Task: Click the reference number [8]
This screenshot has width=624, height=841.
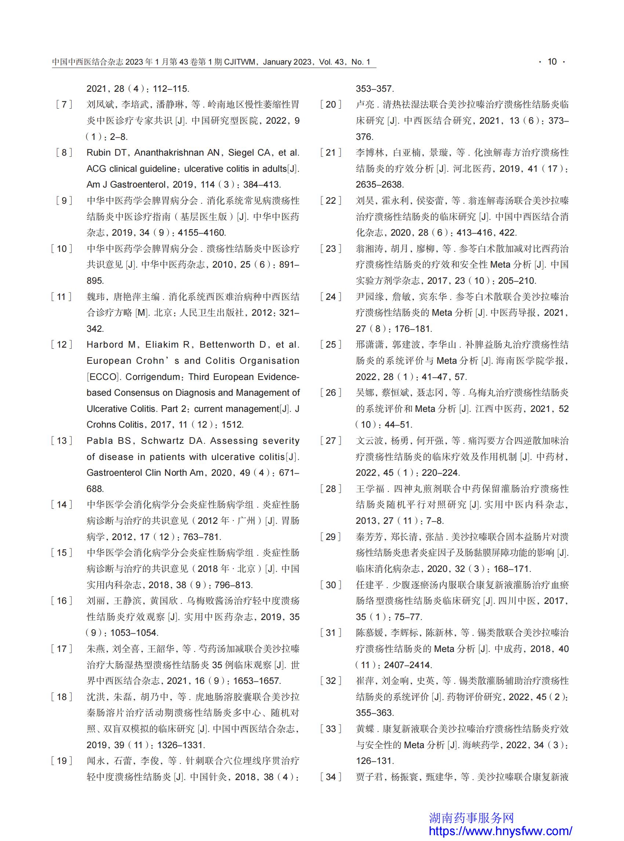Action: click(x=64, y=152)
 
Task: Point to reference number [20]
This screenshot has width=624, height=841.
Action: click(x=331, y=104)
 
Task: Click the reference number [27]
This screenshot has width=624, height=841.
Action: click(x=331, y=441)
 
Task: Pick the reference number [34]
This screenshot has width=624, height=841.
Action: click(x=331, y=777)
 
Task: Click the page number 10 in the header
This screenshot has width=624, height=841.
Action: click(x=552, y=62)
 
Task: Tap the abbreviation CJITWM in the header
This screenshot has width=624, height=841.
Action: click(x=240, y=62)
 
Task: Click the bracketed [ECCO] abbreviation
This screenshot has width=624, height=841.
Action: click(x=103, y=377)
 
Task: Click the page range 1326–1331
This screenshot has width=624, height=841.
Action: click(x=181, y=744)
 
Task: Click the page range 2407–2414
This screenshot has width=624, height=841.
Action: click(x=408, y=665)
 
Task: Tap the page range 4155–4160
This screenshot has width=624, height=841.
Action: click(x=201, y=232)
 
